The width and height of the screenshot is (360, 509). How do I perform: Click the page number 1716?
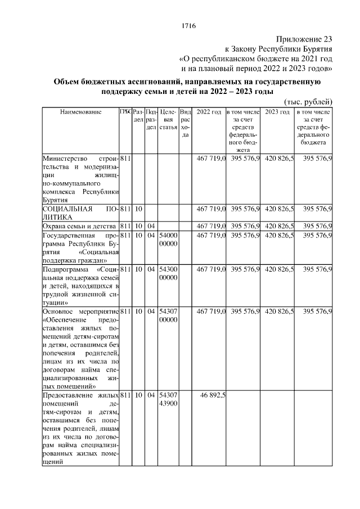[188, 26]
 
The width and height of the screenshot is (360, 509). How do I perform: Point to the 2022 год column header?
[208, 113]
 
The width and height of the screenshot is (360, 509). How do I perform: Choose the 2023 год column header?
[277, 113]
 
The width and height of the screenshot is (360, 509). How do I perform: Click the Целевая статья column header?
[168, 120]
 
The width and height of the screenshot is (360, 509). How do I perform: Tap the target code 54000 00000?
[168, 240]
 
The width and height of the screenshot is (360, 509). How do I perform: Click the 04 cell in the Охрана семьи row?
[151, 226]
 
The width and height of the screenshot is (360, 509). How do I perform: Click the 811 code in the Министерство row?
[125, 159]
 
